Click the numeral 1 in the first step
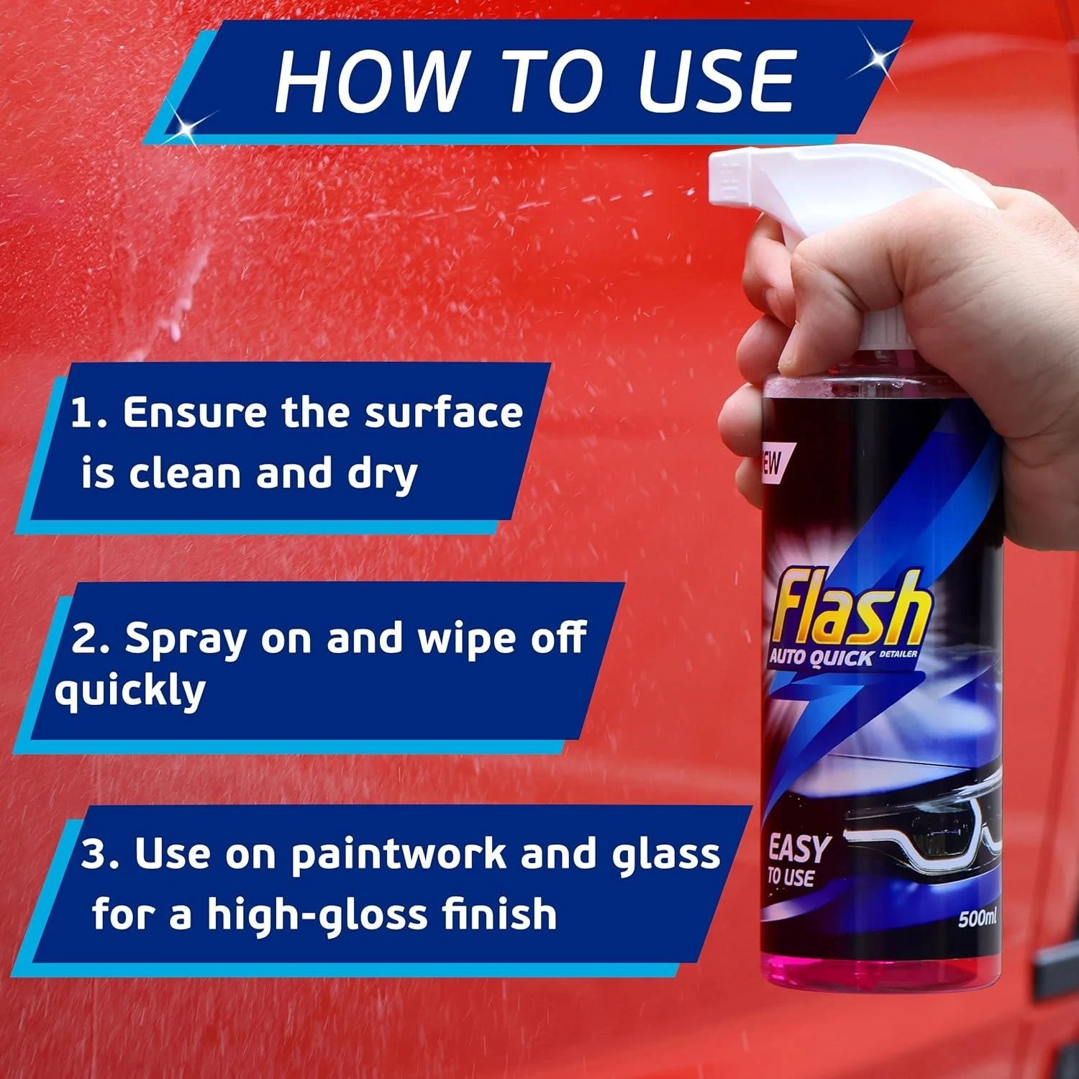click(81, 413)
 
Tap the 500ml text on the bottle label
click(977, 919)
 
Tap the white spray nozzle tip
click(723, 173)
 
